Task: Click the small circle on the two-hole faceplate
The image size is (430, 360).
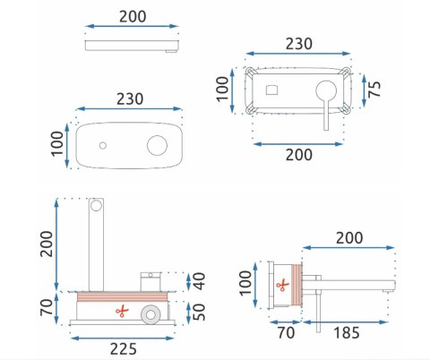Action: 104,146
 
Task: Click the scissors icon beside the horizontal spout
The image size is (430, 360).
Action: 283,287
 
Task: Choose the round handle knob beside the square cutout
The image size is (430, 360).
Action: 323,90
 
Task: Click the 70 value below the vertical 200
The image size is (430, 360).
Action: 45,306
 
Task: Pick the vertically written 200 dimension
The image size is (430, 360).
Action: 45,241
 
